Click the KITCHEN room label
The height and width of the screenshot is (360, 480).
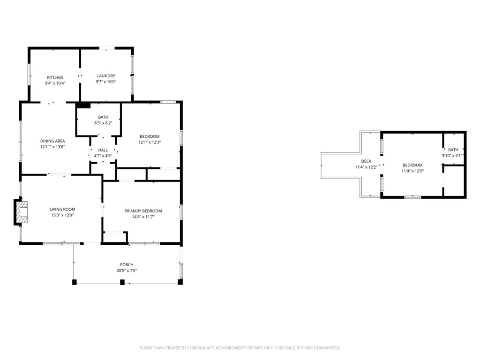click(x=55, y=77)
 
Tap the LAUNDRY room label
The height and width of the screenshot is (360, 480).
click(x=106, y=76)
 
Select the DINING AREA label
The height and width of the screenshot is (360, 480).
click(x=52, y=141)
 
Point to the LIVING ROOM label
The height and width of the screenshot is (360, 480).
click(x=62, y=210)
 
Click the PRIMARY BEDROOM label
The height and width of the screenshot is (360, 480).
click(x=143, y=211)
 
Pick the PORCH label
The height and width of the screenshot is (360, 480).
click(x=127, y=265)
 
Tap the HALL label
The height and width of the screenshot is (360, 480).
click(x=103, y=150)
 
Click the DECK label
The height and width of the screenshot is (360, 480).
click(x=366, y=161)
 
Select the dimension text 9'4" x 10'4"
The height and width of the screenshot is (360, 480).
click(x=55, y=83)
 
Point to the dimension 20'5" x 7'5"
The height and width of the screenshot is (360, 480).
click(x=127, y=270)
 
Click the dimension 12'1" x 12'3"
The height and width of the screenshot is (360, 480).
click(x=150, y=142)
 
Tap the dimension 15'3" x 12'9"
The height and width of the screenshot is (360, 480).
click(x=62, y=215)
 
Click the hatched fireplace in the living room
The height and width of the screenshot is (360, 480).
click(x=22, y=212)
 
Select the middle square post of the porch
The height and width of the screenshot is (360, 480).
click(x=122, y=282)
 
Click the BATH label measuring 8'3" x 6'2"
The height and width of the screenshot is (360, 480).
click(x=103, y=117)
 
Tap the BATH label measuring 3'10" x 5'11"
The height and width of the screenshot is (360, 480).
click(x=453, y=150)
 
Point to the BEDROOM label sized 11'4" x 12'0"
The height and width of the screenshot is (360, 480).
click(x=412, y=165)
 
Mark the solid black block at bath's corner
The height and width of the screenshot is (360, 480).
click(x=83, y=105)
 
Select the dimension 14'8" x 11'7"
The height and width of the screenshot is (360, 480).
click(x=143, y=217)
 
